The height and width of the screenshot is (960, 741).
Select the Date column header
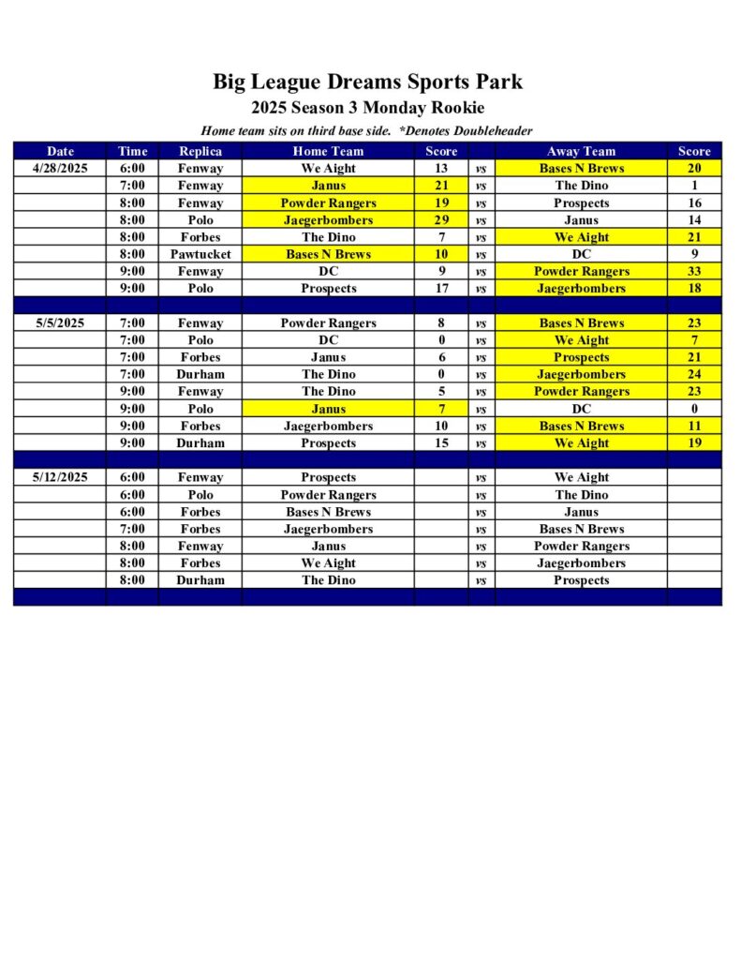coord(60,151)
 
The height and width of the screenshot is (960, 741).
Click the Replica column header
coord(200,151)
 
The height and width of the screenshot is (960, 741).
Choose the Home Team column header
coord(328,151)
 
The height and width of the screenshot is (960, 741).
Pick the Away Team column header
coord(581,151)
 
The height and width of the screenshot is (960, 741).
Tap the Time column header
coord(133,151)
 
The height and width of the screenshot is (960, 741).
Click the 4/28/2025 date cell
coord(59,169)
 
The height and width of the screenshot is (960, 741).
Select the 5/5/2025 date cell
coord(59,323)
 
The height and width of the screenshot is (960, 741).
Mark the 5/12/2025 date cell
coord(59,477)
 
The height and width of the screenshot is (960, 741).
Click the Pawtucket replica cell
coord(200,254)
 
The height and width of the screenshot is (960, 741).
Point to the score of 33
coord(694,272)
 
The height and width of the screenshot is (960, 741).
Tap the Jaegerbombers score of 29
coord(441,220)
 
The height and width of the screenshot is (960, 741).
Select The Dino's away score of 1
coord(694,186)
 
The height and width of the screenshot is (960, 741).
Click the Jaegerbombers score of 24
coord(694,374)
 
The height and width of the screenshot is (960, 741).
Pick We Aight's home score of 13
coord(441,169)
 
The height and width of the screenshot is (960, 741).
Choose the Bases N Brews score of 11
coord(694,426)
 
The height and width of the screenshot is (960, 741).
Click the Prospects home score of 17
coord(441,289)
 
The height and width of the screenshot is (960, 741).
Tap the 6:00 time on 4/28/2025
coord(133,169)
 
